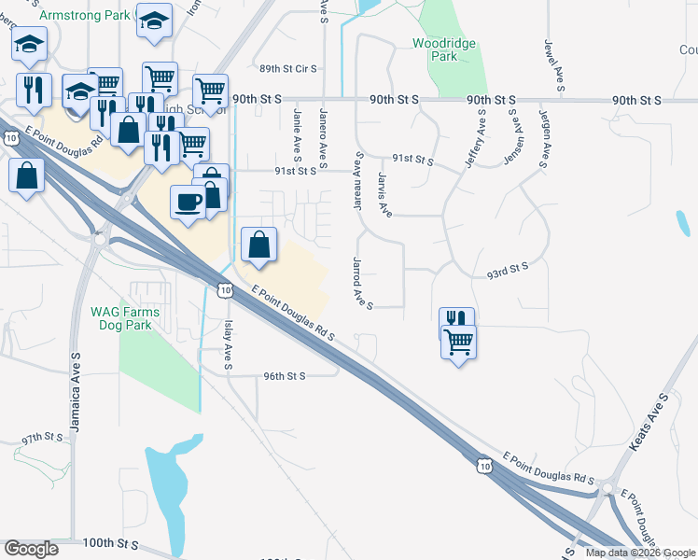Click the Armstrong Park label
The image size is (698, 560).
(x=85, y=16)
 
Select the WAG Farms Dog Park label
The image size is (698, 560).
(x=125, y=318)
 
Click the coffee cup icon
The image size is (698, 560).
(x=188, y=203)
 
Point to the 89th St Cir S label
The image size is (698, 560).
(x=288, y=69)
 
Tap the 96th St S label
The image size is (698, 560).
(x=285, y=376)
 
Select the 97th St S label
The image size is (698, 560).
(x=43, y=437)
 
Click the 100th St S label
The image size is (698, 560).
(x=110, y=543)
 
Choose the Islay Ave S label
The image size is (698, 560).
(x=229, y=340)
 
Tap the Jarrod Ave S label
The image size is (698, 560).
(x=363, y=283)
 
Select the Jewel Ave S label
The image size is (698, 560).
(x=554, y=66)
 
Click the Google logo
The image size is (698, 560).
(x=31, y=549)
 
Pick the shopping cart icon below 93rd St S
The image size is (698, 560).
(x=458, y=343)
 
